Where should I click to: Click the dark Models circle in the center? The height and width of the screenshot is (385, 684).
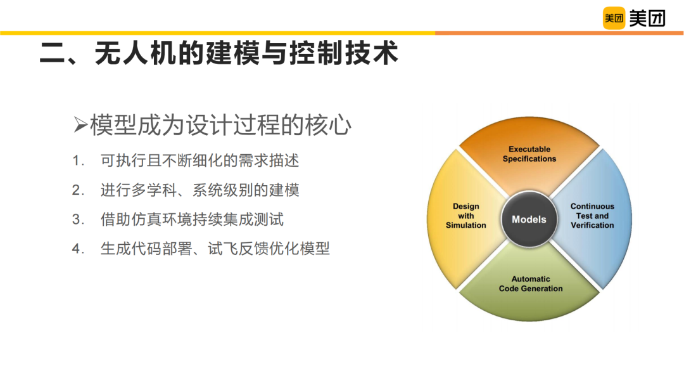tap(529, 219)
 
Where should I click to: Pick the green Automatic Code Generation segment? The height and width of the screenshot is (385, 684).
tap(529, 284)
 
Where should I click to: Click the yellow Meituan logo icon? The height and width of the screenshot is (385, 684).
tap(614, 18)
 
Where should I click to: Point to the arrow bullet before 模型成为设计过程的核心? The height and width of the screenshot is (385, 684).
tap(80, 125)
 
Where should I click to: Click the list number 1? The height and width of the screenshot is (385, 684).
tap(77, 161)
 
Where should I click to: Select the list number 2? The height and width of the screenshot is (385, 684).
tap(77, 190)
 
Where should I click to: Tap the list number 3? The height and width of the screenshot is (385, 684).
tap(77, 219)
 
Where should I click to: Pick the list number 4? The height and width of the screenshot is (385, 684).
tap(77, 249)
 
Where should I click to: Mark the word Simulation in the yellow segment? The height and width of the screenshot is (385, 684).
tap(466, 226)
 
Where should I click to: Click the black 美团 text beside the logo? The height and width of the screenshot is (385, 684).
tap(647, 18)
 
